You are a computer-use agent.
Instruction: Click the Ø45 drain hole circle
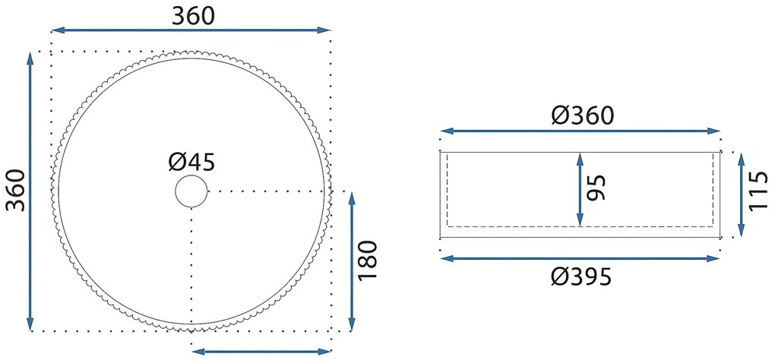tap(191, 191)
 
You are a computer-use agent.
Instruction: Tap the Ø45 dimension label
tap(191, 162)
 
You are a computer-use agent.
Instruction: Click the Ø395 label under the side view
tap(581, 277)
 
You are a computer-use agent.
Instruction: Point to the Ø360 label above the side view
tap(583, 115)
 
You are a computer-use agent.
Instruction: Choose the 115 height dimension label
tap(758, 191)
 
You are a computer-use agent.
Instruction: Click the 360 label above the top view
tap(193, 17)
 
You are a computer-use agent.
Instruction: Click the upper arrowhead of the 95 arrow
tap(580, 159)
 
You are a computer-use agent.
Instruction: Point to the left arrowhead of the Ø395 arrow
tap(446, 258)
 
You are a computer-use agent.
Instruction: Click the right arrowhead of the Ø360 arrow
tap(713, 131)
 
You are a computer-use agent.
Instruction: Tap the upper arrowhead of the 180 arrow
tap(352, 198)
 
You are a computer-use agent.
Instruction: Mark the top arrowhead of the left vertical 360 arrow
tap(30, 58)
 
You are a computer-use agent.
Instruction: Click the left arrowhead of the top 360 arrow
tap(59, 30)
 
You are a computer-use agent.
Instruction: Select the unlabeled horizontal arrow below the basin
tap(261, 352)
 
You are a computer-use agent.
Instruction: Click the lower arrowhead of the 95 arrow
tap(580, 220)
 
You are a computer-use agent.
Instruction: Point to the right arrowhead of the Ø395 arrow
tap(713, 258)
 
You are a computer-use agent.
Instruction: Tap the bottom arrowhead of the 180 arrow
tap(352, 324)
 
